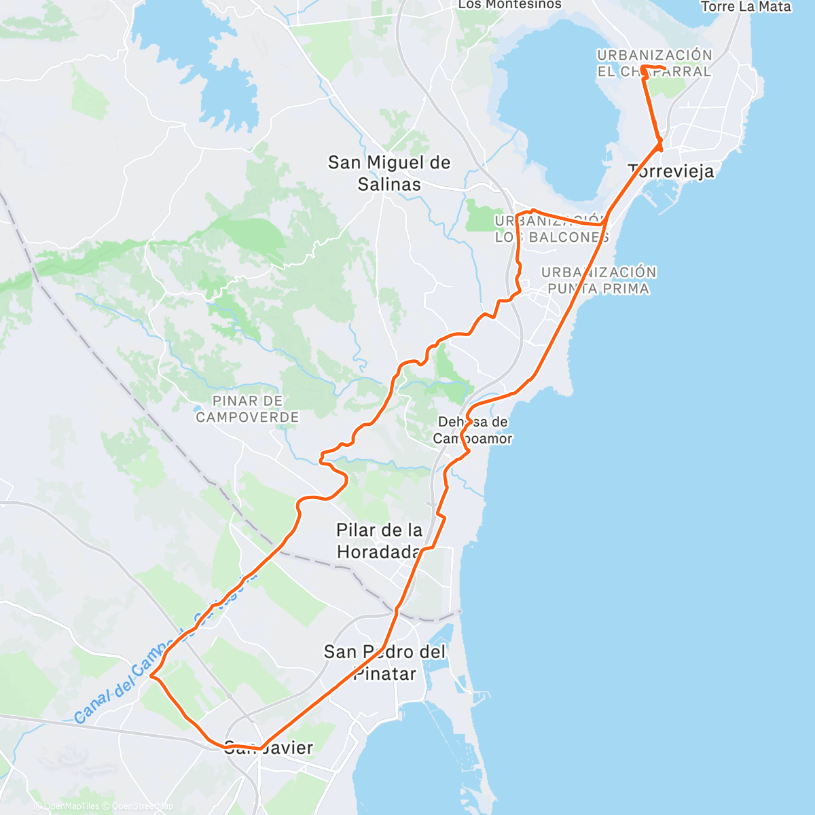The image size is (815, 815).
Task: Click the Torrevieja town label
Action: point(671,171)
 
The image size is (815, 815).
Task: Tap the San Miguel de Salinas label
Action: point(389,173)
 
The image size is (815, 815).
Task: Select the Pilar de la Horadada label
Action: point(380,541)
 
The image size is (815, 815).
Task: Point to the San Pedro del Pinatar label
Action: point(384,663)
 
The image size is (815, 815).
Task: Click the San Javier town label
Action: point(269,748)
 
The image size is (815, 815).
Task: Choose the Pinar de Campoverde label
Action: point(247,409)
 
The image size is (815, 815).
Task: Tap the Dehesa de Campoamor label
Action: point(473,430)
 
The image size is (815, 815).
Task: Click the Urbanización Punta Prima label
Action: point(598,280)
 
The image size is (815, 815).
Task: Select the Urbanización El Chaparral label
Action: point(655,63)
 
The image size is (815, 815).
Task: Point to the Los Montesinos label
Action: point(510,5)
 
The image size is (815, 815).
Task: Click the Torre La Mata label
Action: point(746,7)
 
